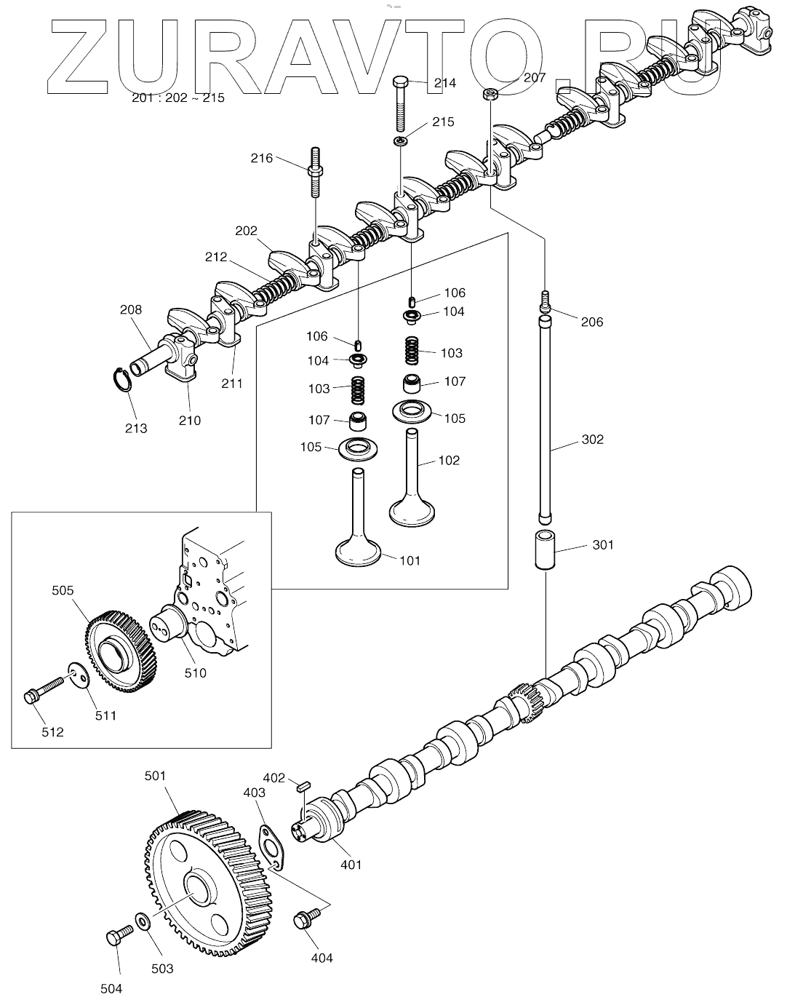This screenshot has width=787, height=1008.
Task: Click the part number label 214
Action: pos(444,83)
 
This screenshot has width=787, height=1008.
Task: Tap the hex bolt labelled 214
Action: pos(401,104)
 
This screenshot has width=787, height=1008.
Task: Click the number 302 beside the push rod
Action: pos(592,440)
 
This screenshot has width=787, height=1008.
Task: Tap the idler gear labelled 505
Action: pos(121,652)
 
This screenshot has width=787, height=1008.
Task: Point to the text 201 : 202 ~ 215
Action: pos(178,98)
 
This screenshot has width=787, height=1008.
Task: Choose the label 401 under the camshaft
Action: pos(351,865)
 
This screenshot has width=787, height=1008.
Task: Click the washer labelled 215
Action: pos(402,140)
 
